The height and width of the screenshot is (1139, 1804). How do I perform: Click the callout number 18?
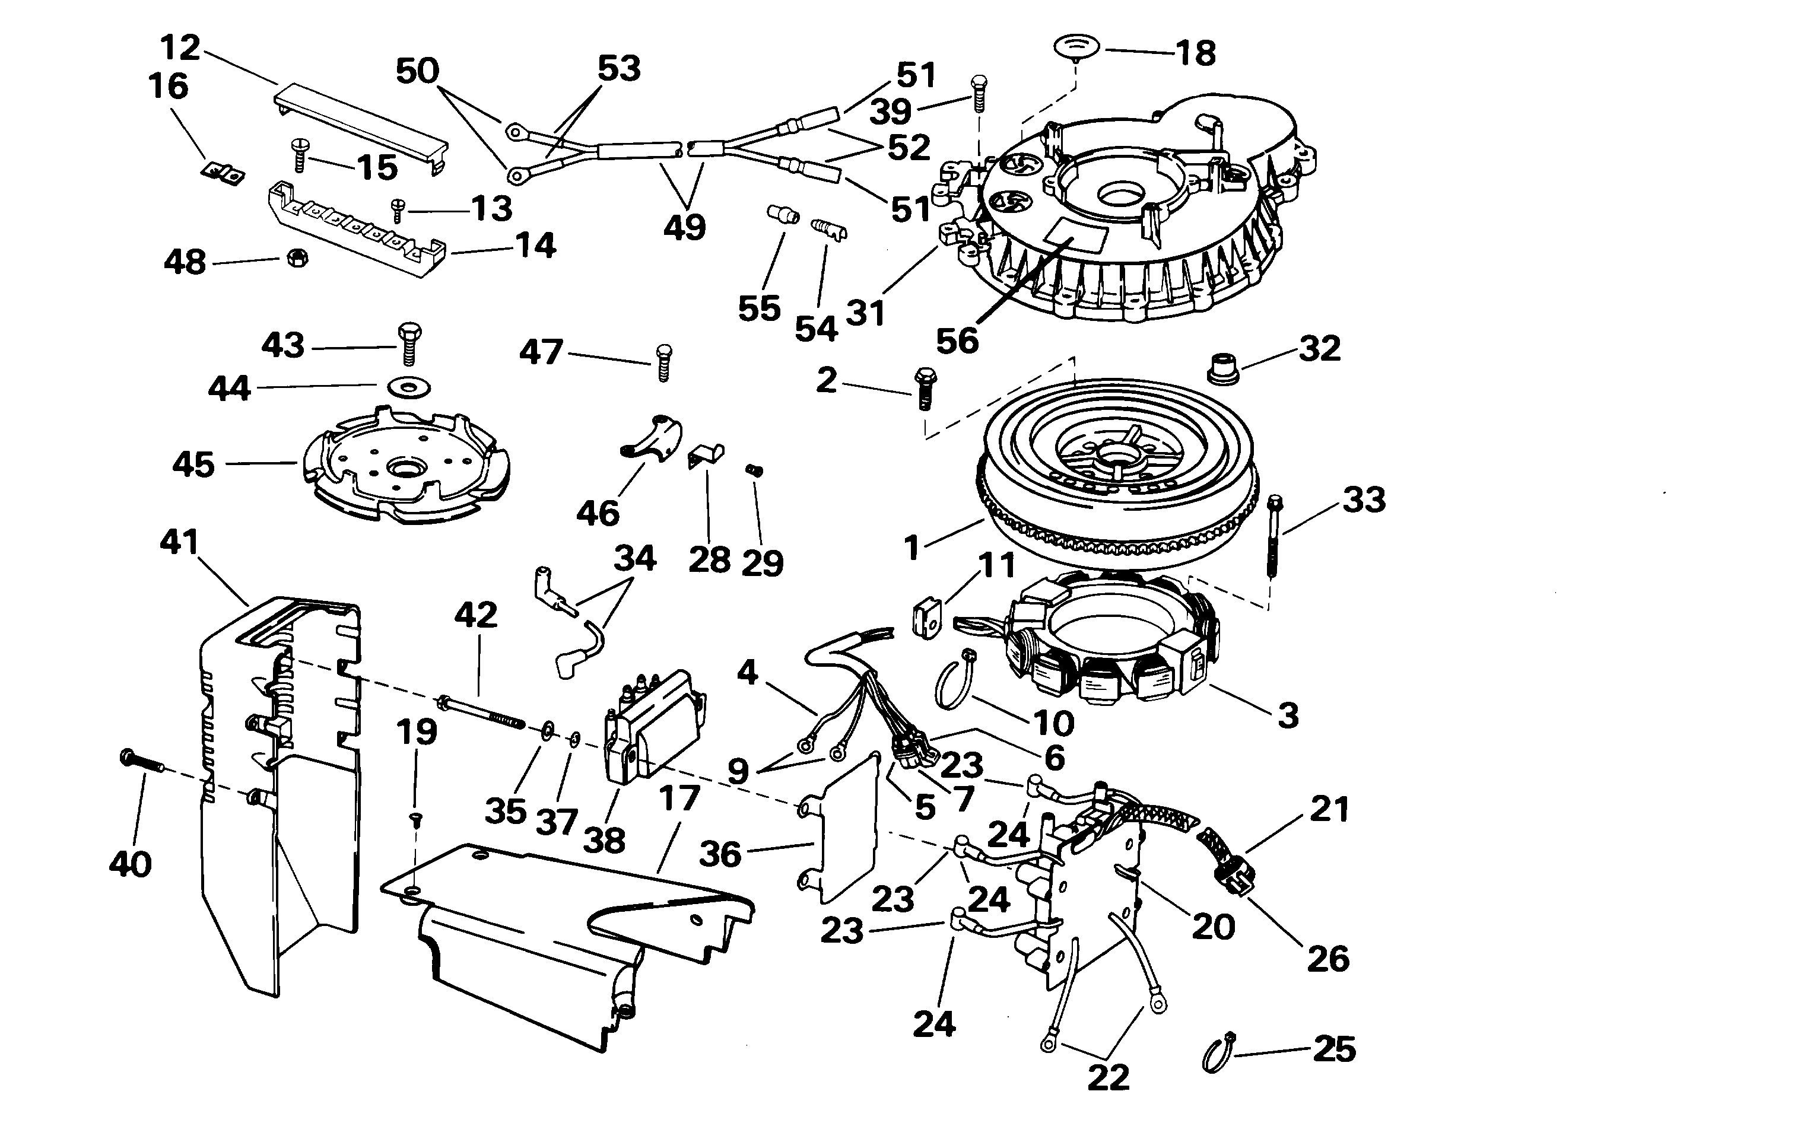(x=1196, y=53)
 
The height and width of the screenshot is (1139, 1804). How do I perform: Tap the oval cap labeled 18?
(x=1076, y=45)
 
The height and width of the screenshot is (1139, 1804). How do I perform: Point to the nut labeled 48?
(x=297, y=260)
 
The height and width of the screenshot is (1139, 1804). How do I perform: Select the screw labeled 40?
(x=142, y=762)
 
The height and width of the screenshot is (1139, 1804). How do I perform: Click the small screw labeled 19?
(x=418, y=821)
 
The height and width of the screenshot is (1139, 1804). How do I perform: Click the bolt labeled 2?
(x=924, y=388)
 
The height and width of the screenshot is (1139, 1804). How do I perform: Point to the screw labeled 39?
(x=979, y=93)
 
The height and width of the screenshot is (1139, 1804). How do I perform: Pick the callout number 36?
(x=720, y=854)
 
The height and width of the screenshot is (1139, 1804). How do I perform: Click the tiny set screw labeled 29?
(x=754, y=470)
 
